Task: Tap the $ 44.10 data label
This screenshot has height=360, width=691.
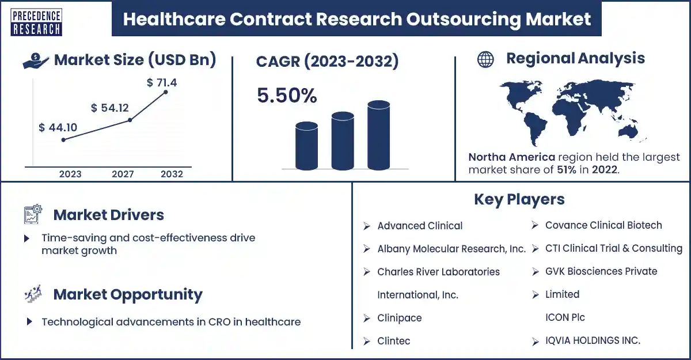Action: click(58, 127)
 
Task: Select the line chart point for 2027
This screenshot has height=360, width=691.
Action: click(130, 120)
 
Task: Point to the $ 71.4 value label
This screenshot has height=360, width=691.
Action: click(162, 82)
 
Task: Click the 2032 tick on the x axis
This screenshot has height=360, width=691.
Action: click(172, 174)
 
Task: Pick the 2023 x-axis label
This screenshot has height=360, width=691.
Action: click(70, 174)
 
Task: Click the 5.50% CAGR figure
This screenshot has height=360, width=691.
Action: click(287, 96)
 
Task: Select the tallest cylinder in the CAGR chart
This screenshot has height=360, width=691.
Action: click(378, 135)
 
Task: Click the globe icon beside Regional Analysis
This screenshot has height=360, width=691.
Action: click(485, 59)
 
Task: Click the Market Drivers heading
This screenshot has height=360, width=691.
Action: click(108, 215)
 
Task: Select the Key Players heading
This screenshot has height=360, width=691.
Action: click(519, 199)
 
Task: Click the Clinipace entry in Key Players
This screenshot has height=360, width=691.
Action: click(400, 318)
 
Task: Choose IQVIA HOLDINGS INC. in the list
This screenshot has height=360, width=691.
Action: click(593, 340)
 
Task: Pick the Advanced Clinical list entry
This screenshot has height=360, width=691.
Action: click(420, 226)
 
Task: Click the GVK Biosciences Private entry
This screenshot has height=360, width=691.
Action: click(601, 271)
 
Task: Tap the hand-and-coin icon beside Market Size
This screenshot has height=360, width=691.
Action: click(36, 60)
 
